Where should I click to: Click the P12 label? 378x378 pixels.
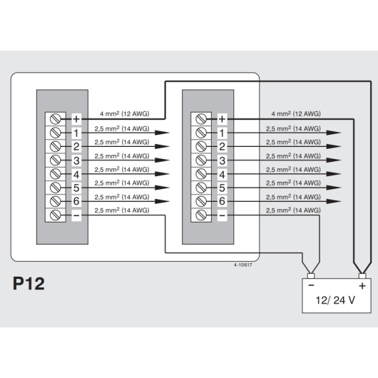[x=29, y=283]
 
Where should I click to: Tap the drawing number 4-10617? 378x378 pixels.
[x=242, y=265]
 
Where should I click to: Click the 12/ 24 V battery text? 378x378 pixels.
[x=335, y=300]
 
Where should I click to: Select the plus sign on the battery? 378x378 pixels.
[x=362, y=286]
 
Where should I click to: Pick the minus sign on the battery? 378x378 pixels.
[x=311, y=285]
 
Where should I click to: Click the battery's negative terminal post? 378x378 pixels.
[x=311, y=276]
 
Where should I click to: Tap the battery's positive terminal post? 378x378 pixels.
[x=362, y=276]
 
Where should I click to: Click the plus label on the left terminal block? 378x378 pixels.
[x=76, y=119]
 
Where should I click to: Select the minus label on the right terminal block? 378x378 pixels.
[x=222, y=215]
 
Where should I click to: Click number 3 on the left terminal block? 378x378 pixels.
[x=76, y=160]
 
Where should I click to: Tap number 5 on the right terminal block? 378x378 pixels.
[x=222, y=188]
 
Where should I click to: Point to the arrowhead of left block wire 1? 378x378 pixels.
[x=162, y=133]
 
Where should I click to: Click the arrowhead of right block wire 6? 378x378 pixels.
[x=334, y=201]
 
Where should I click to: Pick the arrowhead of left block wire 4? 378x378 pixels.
[x=162, y=174]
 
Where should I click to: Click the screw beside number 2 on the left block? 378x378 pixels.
[x=55, y=146]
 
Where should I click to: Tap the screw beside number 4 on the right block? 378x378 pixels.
[x=201, y=174]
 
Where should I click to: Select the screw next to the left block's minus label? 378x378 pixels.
[x=55, y=215]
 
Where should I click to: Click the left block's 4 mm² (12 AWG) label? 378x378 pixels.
[x=125, y=113]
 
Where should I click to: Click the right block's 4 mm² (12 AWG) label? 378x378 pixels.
[x=296, y=113]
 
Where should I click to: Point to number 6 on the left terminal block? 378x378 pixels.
[x=76, y=201]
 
